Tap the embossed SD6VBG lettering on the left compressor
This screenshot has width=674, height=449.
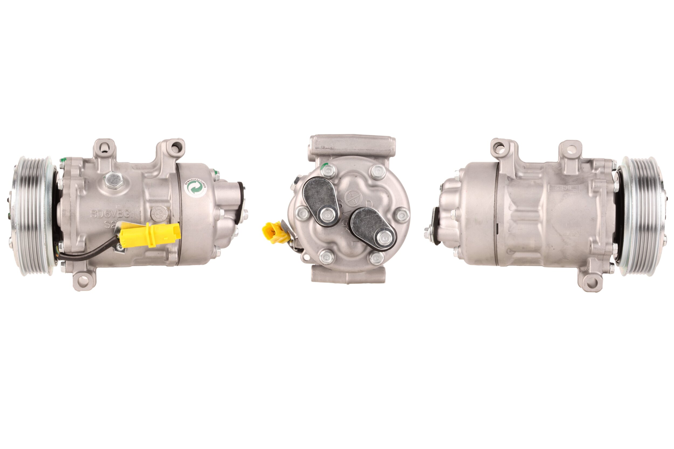[x=111, y=214]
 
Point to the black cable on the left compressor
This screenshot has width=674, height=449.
[x=86, y=256]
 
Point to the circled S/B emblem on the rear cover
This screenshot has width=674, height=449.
[x=353, y=198]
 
